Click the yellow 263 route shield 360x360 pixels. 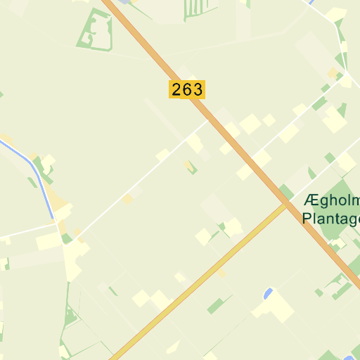pyautogui.click(x=187, y=89)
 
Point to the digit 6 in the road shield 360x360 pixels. pyautogui.click(x=187, y=89)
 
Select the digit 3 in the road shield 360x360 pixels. pyautogui.click(x=196, y=89)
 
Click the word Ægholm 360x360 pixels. pyautogui.click(x=331, y=201)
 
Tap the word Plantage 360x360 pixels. pyautogui.click(x=331, y=218)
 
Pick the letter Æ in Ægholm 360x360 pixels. pyautogui.click(x=310, y=201)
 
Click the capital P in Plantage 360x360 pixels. pyautogui.click(x=306, y=218)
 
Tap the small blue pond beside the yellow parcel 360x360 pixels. pyautogui.click(x=267, y=293)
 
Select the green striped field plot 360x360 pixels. pyautogui.click(x=192, y=8)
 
